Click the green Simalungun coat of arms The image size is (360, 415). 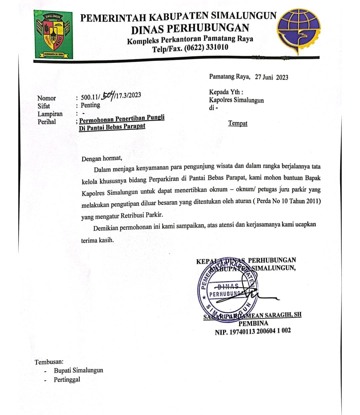click(53, 35)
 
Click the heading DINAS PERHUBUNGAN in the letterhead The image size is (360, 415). click(190, 29)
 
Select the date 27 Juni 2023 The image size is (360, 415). click(271, 77)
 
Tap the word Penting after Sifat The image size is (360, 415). click(90, 105)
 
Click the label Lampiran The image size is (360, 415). click(50, 114)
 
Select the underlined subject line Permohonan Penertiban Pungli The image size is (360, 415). click(122, 119)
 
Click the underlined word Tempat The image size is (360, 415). click(238, 123)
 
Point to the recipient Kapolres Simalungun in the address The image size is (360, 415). click(236, 100)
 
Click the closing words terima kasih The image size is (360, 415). click(97, 240)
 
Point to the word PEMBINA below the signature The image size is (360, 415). click(253, 323)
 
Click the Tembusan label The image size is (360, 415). click(49, 362)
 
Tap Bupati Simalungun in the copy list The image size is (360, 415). click(78, 370)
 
